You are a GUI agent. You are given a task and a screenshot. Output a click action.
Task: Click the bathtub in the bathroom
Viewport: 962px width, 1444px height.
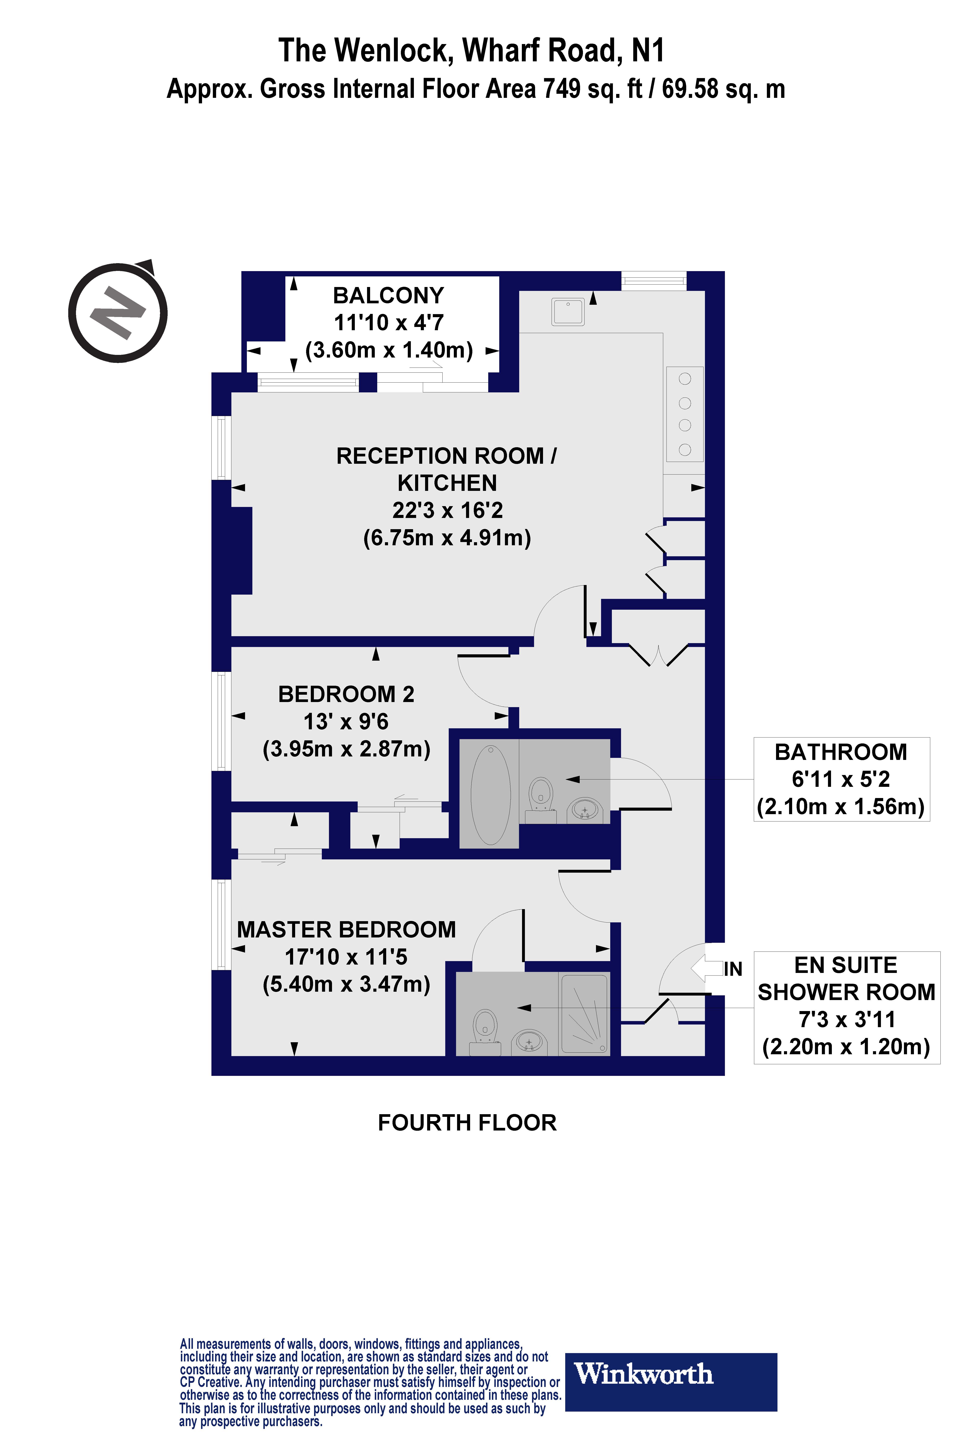pyautogui.click(x=490, y=795)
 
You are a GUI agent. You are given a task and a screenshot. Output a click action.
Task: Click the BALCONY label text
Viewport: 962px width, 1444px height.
pyautogui.click(x=388, y=295)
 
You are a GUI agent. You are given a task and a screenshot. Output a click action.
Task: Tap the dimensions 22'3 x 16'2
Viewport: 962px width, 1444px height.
pyautogui.click(x=447, y=510)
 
